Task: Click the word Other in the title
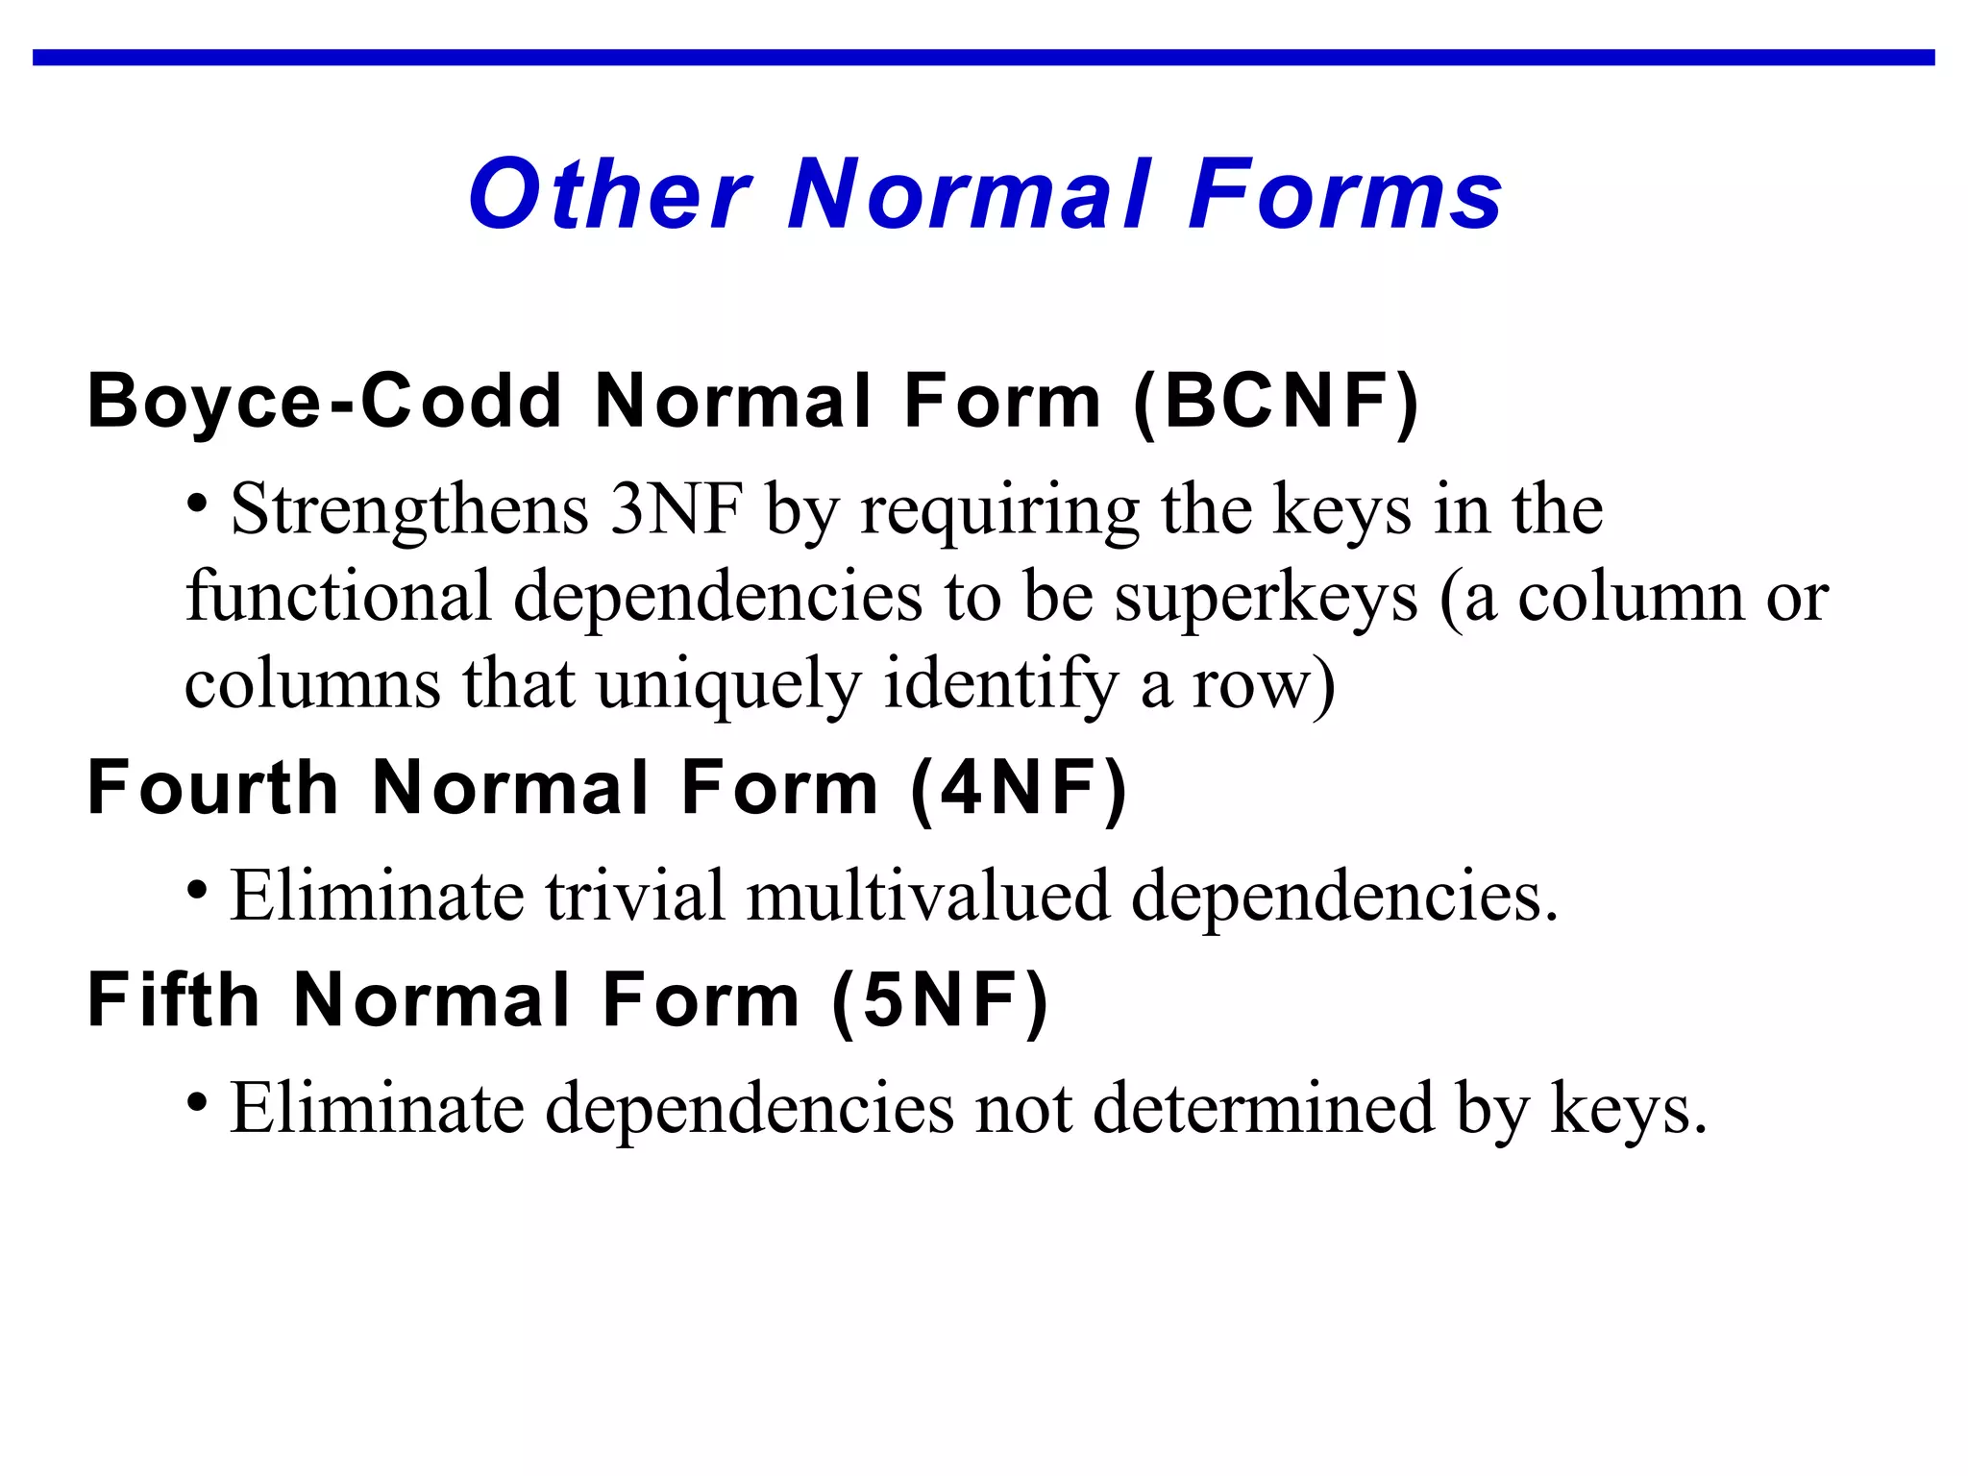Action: pyautogui.click(x=609, y=195)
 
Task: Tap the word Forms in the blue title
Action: pyautogui.click(x=1344, y=195)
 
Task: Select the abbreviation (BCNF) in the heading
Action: pyautogui.click(x=1276, y=402)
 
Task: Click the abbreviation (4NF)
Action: pyautogui.click(x=1019, y=789)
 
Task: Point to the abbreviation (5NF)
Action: pyautogui.click(x=940, y=1001)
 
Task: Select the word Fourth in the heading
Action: pyautogui.click(x=212, y=789)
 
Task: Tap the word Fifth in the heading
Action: pyautogui.click(x=173, y=1001)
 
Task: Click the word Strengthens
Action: pyautogui.click(x=409, y=509)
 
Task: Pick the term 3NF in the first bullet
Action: pyautogui.click(x=676, y=509)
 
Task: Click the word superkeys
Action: pyautogui.click(x=1266, y=598)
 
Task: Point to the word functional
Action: pyautogui.click(x=338, y=598)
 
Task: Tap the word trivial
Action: pyautogui.click(x=635, y=896)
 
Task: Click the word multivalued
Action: pyautogui.click(x=927, y=896)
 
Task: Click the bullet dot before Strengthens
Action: pyautogui.click(x=197, y=503)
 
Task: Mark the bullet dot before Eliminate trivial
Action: pyautogui.click(x=197, y=890)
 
